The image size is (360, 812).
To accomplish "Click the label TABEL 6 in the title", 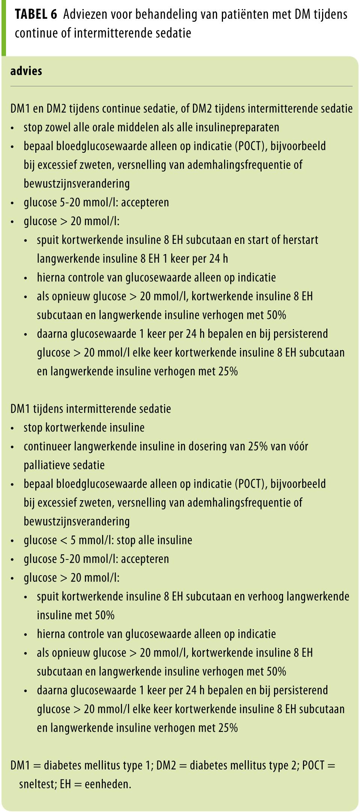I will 36,15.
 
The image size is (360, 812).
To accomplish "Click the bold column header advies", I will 26,71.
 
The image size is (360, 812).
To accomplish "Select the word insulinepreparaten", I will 235,127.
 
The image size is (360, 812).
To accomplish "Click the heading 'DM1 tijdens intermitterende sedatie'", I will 91,409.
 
